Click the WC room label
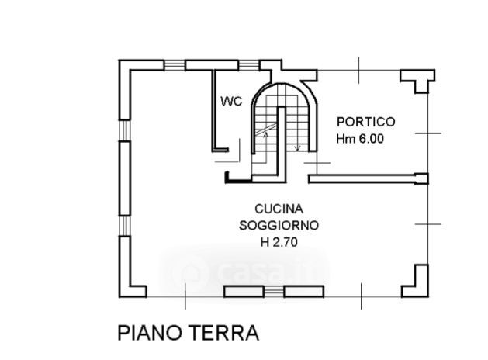(x=231, y=101)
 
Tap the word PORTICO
(x=366, y=122)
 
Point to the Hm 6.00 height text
(x=360, y=138)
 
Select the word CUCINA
(x=279, y=209)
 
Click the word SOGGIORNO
(x=279, y=225)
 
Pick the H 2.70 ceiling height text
(x=279, y=242)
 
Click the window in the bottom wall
(x=274, y=292)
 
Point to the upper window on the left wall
(x=124, y=130)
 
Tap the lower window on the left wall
(x=124, y=226)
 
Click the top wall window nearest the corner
(x=175, y=65)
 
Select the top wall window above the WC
(x=249, y=65)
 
